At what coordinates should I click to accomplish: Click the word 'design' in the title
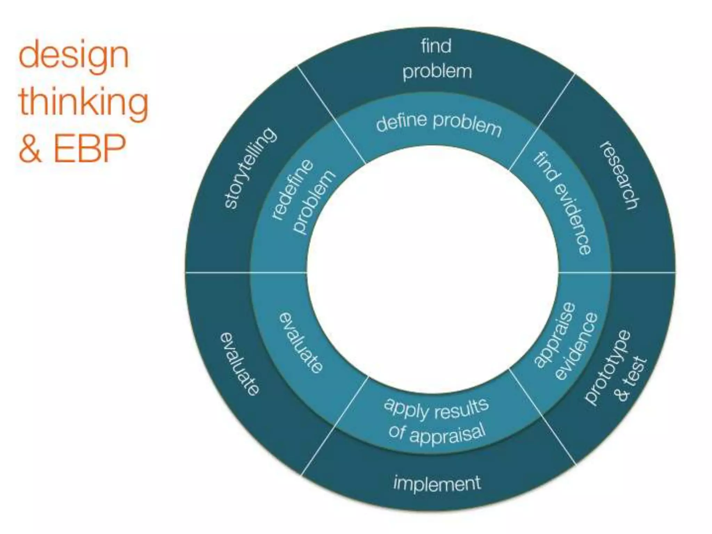click(x=73, y=56)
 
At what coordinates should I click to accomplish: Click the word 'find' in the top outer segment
click(x=436, y=46)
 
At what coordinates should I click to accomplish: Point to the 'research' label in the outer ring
click(x=620, y=175)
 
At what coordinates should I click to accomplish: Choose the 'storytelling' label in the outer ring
click(x=250, y=168)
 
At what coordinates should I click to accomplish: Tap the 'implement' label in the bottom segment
click(x=437, y=483)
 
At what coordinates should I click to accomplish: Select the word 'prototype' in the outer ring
click(x=607, y=367)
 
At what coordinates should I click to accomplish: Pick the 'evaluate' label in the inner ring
click(x=301, y=343)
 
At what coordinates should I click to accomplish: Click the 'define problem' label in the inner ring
click(x=438, y=125)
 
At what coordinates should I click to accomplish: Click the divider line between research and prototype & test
click(x=643, y=272)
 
